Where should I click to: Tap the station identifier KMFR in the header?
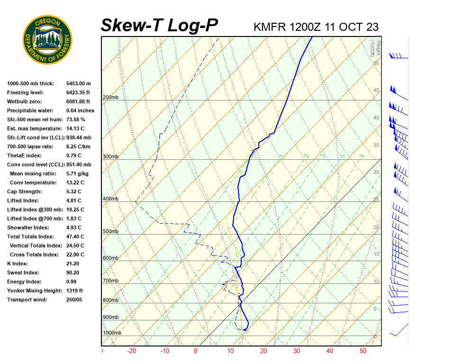tap(270, 27)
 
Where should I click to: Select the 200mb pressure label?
tap(110, 98)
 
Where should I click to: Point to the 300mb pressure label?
tap(110, 157)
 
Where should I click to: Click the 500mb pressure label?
tap(110, 232)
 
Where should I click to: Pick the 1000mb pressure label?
tap(112, 333)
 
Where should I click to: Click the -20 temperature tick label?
tap(132, 351)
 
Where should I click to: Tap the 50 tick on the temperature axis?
tap(363, 351)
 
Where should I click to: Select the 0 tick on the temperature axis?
tap(195, 351)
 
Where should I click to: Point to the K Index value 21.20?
tap(73, 264)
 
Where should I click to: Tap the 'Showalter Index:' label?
tap(28, 227)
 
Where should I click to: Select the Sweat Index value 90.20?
tap(73, 273)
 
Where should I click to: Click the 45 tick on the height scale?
tap(376, 91)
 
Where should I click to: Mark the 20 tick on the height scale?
tap(376, 227)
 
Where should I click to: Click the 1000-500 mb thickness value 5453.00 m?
tap(79, 83)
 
